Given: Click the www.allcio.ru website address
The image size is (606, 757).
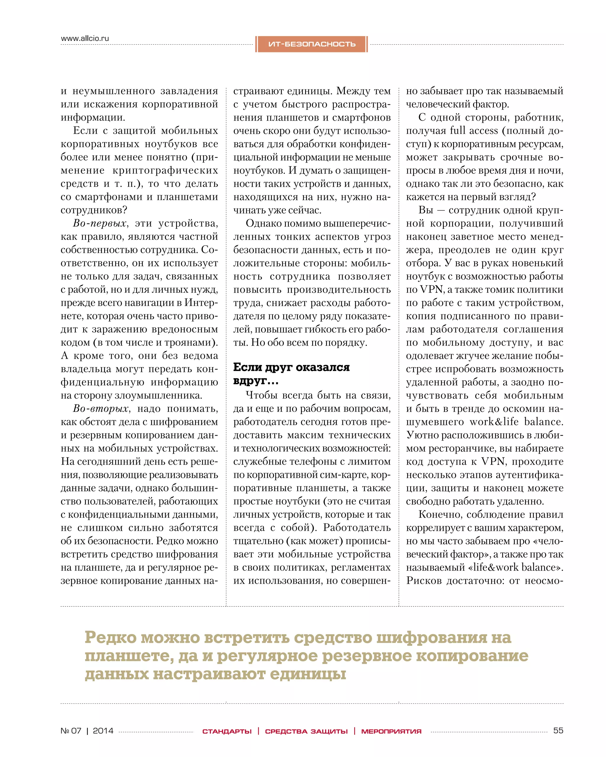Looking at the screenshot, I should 85,38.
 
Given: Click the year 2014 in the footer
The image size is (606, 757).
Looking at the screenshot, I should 103,731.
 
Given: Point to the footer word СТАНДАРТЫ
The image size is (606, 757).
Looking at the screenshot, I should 227,731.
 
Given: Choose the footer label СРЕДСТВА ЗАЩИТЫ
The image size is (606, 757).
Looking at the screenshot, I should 306,731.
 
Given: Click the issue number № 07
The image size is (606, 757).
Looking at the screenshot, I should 71,731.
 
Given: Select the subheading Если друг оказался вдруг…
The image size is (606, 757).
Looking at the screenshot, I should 291,373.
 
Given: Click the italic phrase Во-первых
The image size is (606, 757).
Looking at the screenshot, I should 100,223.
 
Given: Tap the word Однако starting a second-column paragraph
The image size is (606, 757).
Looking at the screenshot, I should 263,223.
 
